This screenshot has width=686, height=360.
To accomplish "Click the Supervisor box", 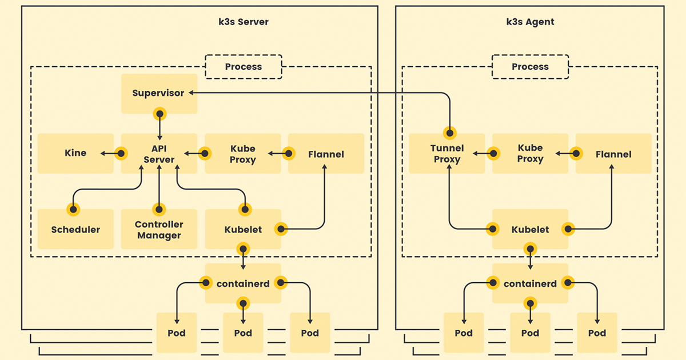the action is point(159,94).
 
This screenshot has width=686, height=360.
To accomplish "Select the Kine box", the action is point(75,153).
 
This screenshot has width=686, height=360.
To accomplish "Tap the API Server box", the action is point(159,153).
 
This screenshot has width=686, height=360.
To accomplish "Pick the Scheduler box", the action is point(75,229).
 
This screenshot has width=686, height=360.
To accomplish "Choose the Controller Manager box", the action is point(159,229).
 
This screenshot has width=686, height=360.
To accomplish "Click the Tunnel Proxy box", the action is point(447,153).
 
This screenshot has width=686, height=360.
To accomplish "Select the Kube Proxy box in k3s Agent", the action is point(530,153).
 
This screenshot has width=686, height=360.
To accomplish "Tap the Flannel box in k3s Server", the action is point(326,153).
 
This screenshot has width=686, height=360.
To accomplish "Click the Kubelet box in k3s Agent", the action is point(530,229).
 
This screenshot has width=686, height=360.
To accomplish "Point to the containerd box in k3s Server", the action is point(243,283).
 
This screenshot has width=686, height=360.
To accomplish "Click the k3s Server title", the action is point(244,22).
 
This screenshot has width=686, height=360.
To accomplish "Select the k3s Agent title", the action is point(530,22).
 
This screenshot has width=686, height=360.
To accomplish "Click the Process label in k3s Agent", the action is point(530,67).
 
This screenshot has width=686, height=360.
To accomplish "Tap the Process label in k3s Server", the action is point(244,67).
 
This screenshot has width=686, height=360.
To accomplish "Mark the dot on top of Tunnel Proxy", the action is point(450,133).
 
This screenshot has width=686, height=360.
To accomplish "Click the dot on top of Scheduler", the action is point(73,210).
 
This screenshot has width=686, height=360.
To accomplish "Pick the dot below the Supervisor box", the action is point(159,114).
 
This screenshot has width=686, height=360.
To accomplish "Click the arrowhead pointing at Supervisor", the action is point(191,93).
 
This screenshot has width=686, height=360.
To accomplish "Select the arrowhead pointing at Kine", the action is point(103,153).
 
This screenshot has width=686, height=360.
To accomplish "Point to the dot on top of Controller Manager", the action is point(159,210).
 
